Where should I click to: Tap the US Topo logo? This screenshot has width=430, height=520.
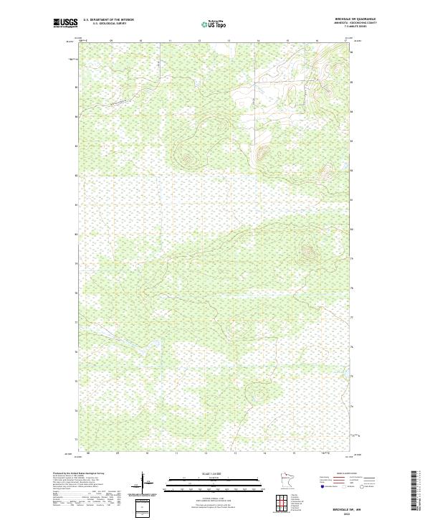pyautogui.click(x=214, y=24)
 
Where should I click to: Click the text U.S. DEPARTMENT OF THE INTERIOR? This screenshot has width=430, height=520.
pyautogui.click(x=108, y=20)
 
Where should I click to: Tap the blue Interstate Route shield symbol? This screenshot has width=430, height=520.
pyautogui.click(x=320, y=486)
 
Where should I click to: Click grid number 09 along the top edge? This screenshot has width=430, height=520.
pyautogui.click(x=111, y=42)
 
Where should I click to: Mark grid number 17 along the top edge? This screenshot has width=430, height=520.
pyautogui.click(x=346, y=42)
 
